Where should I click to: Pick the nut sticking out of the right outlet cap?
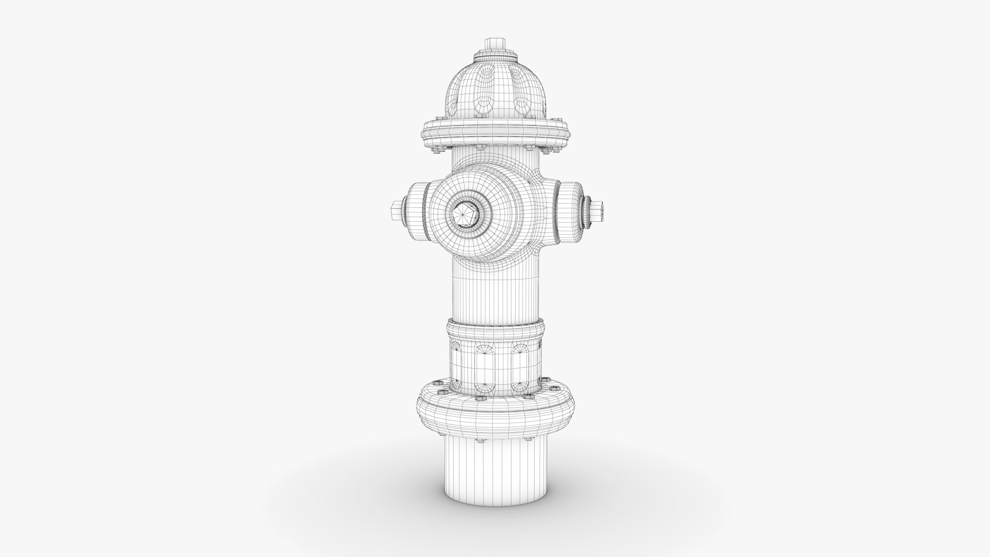pyautogui.click(x=599, y=210)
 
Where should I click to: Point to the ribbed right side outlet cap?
pyautogui.click(x=569, y=211)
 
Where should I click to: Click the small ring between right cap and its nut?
pyautogui.click(x=586, y=211)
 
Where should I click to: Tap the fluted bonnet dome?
pyautogui.click(x=494, y=93)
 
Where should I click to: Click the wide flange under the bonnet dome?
pyautogui.click(x=494, y=135)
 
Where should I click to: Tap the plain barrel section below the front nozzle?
pyautogui.click(x=494, y=297)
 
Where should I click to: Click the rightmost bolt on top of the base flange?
pyautogui.click(x=556, y=388)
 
